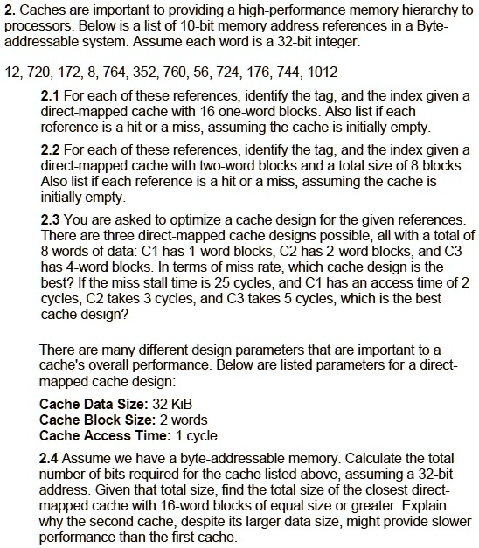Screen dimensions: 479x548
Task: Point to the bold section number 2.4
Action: pyautogui.click(x=51, y=457)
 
